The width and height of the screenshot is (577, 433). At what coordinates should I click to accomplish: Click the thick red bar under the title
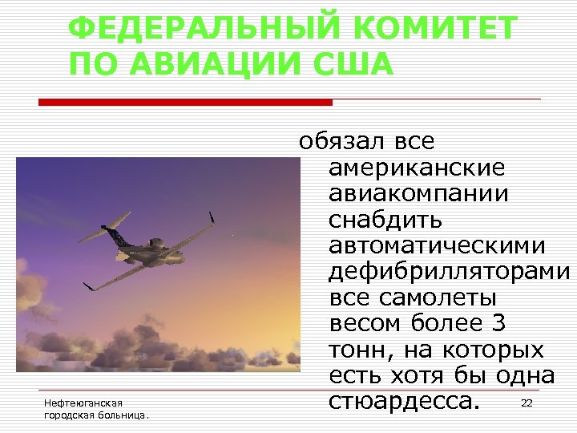pyautogui.click(x=185, y=102)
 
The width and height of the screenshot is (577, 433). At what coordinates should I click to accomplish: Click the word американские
pyautogui.click(x=417, y=168)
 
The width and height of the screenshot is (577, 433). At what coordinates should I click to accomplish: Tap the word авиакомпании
pyautogui.click(x=418, y=194)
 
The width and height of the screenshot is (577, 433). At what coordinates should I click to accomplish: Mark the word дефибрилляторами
pyautogui.click(x=449, y=271)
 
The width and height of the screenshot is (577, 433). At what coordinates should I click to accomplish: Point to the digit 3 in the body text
pyautogui.click(x=497, y=322)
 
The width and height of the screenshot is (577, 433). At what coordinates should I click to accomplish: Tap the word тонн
pyautogui.click(x=356, y=349)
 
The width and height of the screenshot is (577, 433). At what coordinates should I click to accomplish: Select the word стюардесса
pyautogui.click(x=406, y=400)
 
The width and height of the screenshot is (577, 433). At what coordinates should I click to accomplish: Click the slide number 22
pyautogui.click(x=527, y=403)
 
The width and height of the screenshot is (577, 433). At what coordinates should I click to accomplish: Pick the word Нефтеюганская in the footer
pyautogui.click(x=83, y=402)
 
